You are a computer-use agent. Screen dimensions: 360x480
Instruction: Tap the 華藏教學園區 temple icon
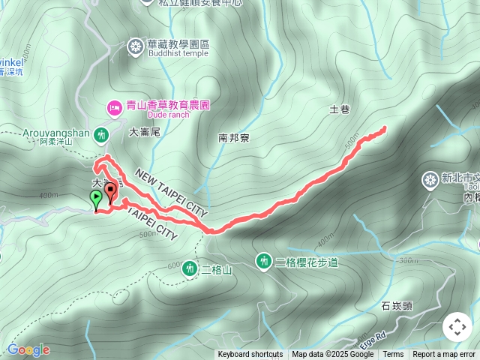click(x=135, y=47)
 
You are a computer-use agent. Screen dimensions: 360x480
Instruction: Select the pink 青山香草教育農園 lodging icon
click(x=115, y=107)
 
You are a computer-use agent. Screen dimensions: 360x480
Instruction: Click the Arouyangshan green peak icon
click(x=102, y=135)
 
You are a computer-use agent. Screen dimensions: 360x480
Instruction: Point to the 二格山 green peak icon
click(x=189, y=268)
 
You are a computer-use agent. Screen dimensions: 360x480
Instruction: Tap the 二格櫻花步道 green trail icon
click(x=263, y=261)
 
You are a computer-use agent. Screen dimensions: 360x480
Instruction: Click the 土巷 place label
click(x=340, y=109)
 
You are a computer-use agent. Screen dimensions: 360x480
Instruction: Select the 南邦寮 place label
click(x=233, y=138)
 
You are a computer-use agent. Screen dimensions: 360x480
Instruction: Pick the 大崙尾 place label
click(x=145, y=131)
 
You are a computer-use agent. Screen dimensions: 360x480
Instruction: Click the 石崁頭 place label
click(x=396, y=306)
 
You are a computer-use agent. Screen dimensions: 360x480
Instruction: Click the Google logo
click(x=28, y=349)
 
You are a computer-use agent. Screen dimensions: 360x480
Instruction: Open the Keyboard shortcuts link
click(x=250, y=355)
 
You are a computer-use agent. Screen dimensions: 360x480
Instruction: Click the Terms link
click(x=393, y=355)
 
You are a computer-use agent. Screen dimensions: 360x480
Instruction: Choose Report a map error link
click(x=445, y=355)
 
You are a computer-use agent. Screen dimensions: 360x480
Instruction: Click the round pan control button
click(x=457, y=327)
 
